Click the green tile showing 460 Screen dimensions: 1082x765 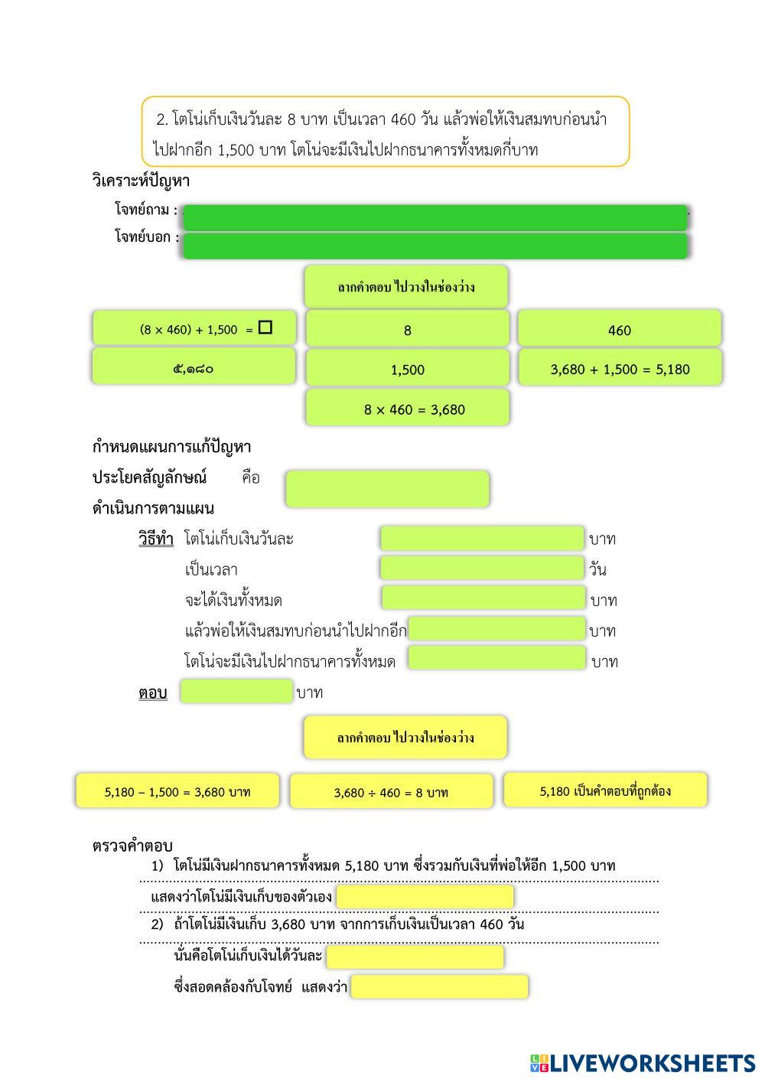(x=619, y=330)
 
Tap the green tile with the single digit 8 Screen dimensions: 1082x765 (x=407, y=330)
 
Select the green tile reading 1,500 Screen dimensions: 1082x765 (x=407, y=370)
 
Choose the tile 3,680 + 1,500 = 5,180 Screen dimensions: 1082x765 (x=620, y=370)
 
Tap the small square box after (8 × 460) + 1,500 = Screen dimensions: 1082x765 (x=265, y=328)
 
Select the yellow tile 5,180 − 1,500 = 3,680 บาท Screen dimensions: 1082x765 (x=177, y=792)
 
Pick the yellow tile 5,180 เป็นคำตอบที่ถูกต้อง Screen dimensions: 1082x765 (x=605, y=790)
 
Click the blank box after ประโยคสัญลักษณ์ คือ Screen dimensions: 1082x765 (x=387, y=489)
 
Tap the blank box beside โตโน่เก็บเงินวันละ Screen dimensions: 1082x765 (x=482, y=539)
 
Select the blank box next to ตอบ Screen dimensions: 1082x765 (x=236, y=692)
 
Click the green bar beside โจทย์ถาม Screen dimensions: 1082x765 (x=435, y=217)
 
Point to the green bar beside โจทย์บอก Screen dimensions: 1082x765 (x=435, y=246)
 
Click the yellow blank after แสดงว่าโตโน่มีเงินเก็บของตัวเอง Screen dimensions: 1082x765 (x=425, y=897)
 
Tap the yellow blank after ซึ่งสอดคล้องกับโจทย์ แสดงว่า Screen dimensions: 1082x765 (x=439, y=986)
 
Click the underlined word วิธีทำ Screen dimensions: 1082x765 (x=156, y=539)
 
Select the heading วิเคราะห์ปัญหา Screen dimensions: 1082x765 (x=141, y=181)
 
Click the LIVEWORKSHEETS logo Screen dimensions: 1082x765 (x=642, y=1063)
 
